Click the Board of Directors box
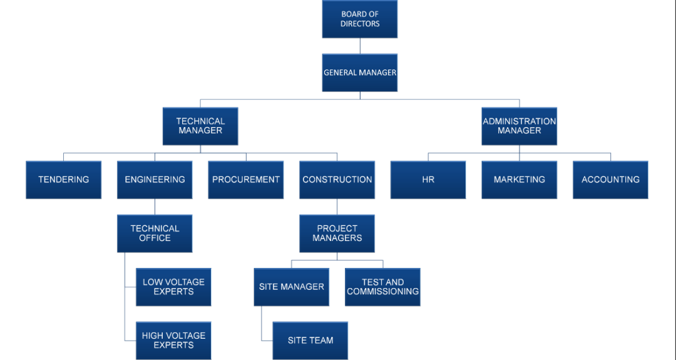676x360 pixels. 360,19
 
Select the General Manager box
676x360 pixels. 360,73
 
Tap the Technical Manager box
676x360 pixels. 200,126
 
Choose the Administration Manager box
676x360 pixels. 519,126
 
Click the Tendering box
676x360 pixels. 63,180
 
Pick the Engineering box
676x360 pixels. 155,180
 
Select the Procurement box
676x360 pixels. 246,180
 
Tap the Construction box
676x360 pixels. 337,180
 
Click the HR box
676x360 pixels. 428,180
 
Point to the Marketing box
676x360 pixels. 519,180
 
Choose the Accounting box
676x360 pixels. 610,180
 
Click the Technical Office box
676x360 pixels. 155,234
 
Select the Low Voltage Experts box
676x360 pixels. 173,287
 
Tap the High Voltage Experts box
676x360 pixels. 173,341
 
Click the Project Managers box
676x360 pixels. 337,234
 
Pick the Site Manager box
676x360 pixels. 291,287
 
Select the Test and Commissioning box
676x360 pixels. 382,287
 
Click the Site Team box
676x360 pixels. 310,341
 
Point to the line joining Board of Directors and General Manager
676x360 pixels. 360,46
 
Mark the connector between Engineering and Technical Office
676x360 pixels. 155,207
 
